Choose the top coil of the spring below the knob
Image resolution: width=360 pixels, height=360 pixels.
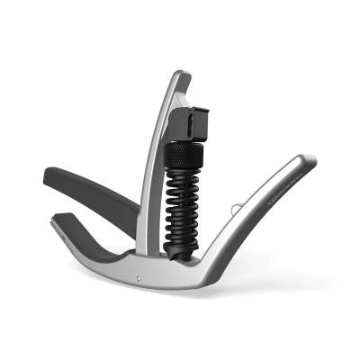pos(184,173)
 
